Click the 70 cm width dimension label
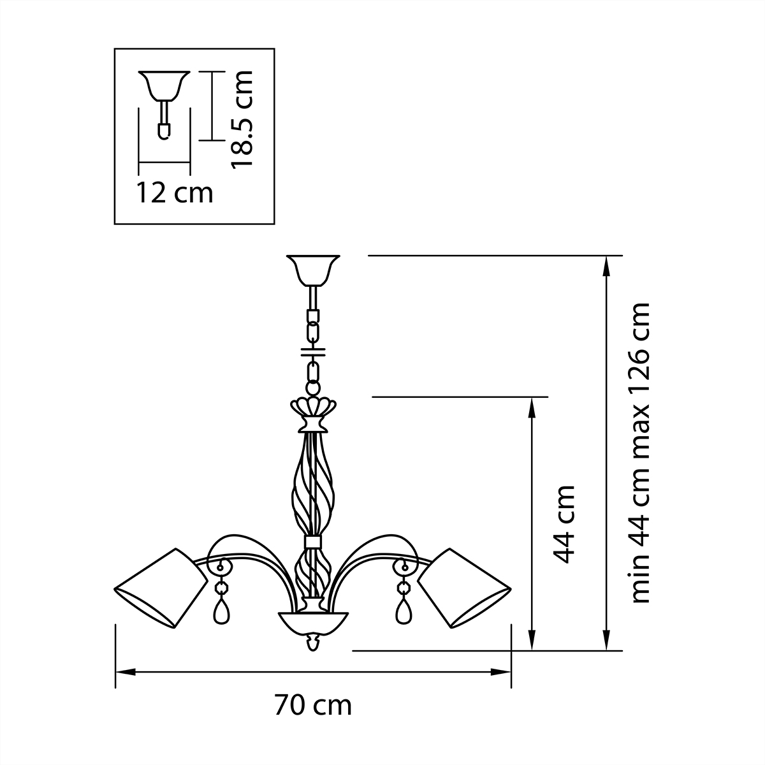tap(313, 706)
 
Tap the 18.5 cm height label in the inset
tap(242, 119)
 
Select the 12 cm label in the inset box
tap(174, 192)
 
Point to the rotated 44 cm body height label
tap(564, 524)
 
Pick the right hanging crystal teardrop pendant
tap(404, 611)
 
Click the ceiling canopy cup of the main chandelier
tap(312, 269)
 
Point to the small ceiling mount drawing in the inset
tap(164, 102)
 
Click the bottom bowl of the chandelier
tap(312, 621)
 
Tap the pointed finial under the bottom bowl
tap(312, 643)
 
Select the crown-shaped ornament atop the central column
tap(312, 408)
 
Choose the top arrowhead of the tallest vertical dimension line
tap(605, 265)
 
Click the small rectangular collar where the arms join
tap(312, 542)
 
